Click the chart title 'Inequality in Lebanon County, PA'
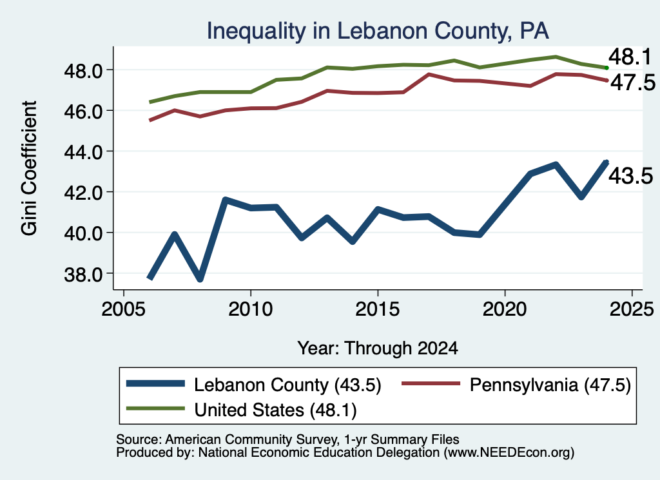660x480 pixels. tap(378, 31)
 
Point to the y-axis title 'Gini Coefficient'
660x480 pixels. tap(29, 168)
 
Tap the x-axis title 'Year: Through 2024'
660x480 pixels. tap(378, 349)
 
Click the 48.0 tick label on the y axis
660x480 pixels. tap(83, 72)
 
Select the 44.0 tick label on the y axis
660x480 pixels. tap(83, 152)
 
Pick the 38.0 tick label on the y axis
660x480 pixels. tap(83, 274)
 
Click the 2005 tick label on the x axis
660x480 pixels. tap(123, 309)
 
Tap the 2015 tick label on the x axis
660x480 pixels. tap(378, 309)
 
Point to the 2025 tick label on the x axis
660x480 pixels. tap(632, 309)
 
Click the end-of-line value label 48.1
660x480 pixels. tap(630, 57)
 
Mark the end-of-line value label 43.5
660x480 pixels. tap(631, 176)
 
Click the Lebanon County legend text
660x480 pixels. tap(287, 385)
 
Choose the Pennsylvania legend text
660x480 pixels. tap(550, 385)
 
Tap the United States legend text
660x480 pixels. tap(275, 410)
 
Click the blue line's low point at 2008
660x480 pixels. tap(200, 278)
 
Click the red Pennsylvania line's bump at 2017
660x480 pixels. tap(429, 75)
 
